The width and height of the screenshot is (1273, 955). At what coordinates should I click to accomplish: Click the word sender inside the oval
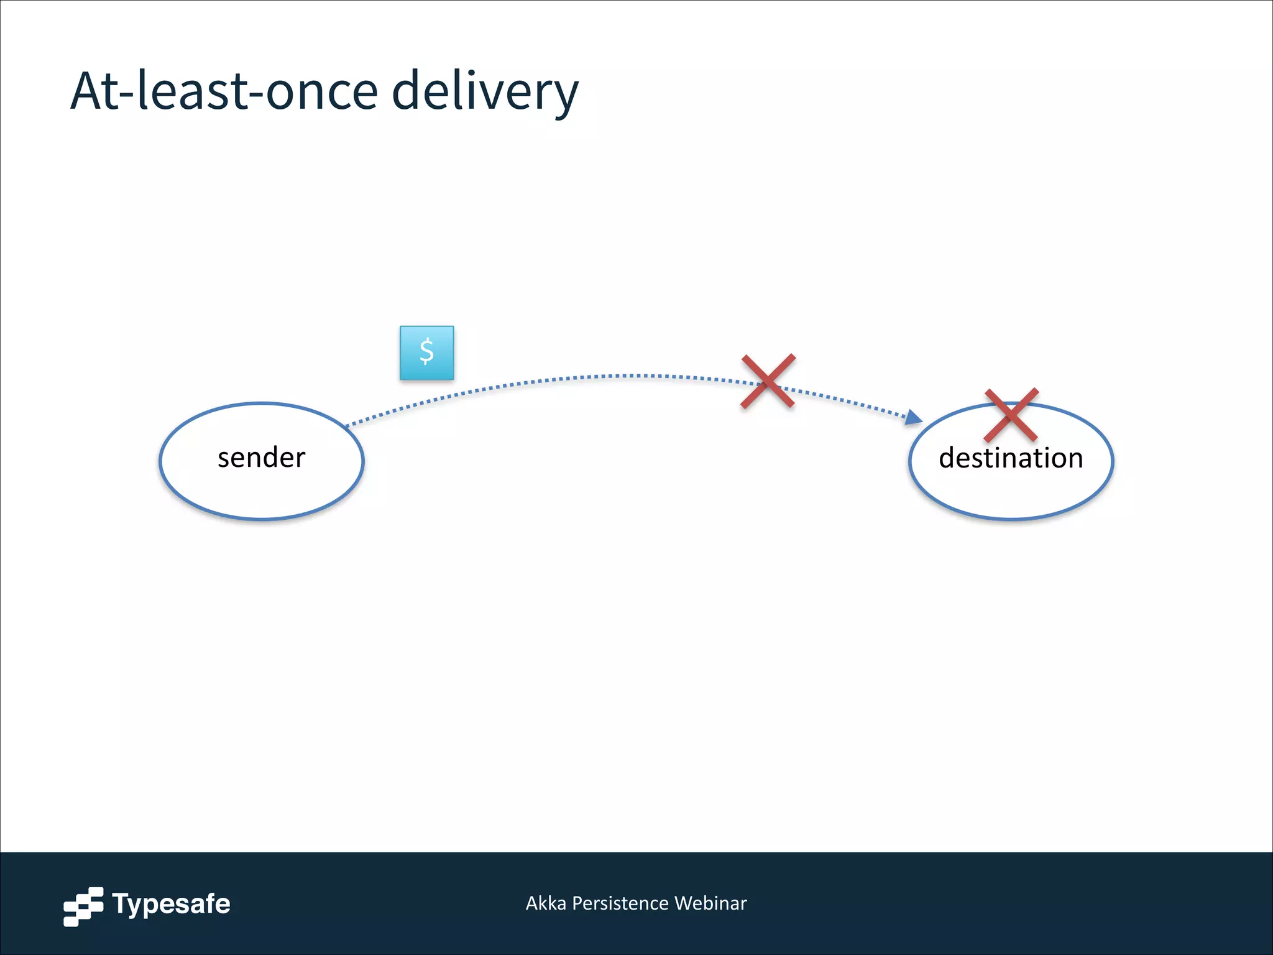[x=261, y=458]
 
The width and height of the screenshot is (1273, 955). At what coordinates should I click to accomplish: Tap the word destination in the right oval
[x=1011, y=458]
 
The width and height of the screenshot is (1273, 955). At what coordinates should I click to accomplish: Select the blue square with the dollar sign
[x=426, y=353]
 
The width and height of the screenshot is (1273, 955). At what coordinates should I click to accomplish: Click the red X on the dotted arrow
[x=768, y=381]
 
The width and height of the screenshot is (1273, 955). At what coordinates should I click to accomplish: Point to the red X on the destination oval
[x=1011, y=415]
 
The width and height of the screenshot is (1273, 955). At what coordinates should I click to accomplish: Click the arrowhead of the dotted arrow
[x=914, y=417]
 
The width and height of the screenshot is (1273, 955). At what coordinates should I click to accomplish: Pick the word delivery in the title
[x=485, y=91]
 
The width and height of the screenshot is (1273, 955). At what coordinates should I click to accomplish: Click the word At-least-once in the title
[x=224, y=91]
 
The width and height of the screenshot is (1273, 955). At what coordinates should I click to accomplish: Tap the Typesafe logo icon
[x=83, y=907]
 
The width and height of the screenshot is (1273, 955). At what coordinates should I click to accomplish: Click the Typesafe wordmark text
[x=171, y=904]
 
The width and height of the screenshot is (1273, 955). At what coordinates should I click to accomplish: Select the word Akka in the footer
[x=546, y=903]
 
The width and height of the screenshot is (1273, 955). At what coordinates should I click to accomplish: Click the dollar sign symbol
[x=426, y=352]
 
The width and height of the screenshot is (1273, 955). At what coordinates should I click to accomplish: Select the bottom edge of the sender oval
[x=262, y=518]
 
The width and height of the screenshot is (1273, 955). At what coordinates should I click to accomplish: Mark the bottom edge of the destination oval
[x=1011, y=518]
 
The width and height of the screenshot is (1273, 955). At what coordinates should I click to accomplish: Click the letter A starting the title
[x=86, y=91]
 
